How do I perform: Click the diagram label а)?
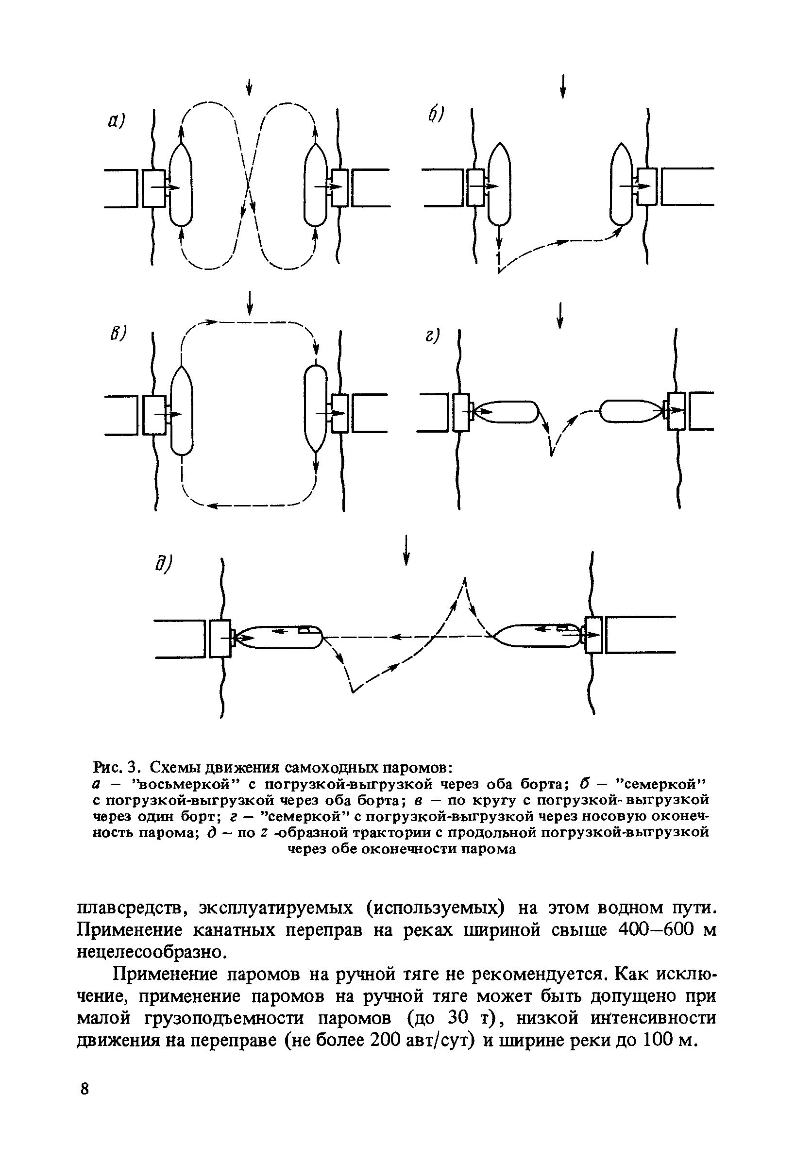point(116,121)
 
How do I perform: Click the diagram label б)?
point(436,116)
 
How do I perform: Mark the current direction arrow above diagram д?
point(406,550)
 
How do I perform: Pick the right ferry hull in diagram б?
point(621,185)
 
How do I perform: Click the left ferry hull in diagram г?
point(505,411)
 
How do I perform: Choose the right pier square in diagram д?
point(593,635)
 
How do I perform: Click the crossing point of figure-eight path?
point(249,188)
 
